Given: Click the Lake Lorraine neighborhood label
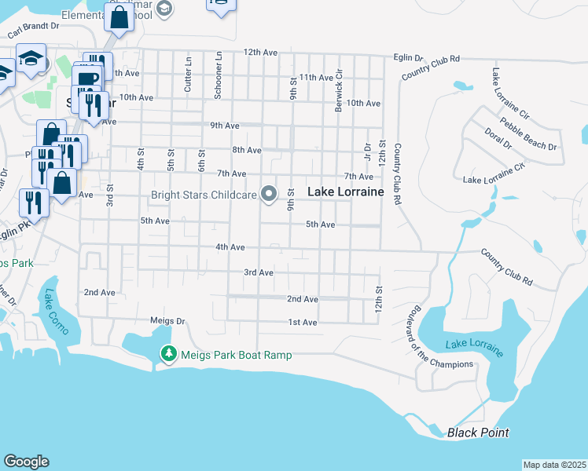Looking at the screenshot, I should click(x=345, y=192).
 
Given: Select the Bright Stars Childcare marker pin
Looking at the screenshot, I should click(x=269, y=193).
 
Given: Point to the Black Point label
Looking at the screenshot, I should click(x=478, y=433).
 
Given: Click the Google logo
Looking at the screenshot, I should click(x=26, y=462).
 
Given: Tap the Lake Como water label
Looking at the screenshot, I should click(x=57, y=312).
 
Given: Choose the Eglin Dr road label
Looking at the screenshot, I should click(x=408, y=58).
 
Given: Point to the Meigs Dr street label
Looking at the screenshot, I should click(x=167, y=321).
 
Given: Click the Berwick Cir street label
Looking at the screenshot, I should click(x=340, y=90).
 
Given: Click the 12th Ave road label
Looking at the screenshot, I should click(x=261, y=53).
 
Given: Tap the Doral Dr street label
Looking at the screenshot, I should click(x=497, y=138).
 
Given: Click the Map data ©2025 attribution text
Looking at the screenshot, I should click(x=554, y=465).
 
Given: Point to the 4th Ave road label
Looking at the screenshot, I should click(x=231, y=247).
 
